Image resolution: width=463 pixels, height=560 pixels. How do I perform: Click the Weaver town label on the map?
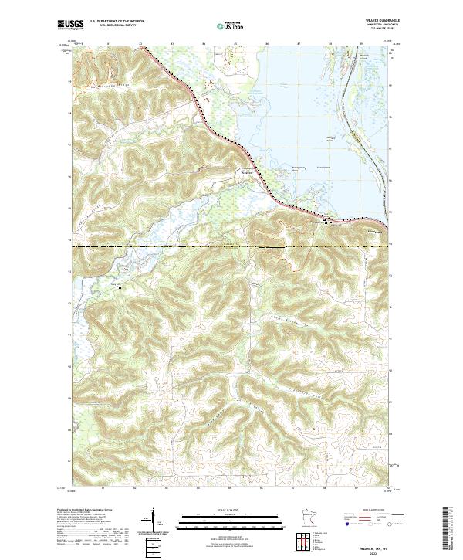tap(248, 174)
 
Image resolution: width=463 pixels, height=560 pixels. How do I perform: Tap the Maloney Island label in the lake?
tap(330, 139)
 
